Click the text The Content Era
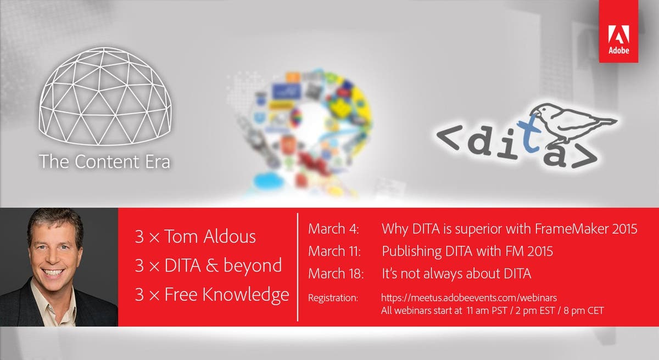pyautogui.click(x=104, y=161)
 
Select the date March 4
pyautogui.click(x=333, y=229)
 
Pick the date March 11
pyautogui.click(x=334, y=251)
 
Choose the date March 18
pyautogui.click(x=334, y=273)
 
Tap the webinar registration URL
pyautogui.click(x=469, y=298)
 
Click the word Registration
pyautogui.click(x=333, y=298)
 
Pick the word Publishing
pyautogui.click(x=409, y=251)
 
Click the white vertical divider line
pyautogui.click(x=298, y=266)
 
